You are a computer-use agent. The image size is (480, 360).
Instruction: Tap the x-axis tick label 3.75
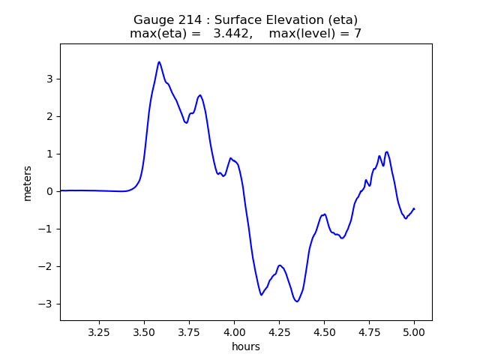click(x=189, y=331)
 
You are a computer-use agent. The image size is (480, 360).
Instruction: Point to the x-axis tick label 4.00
click(x=234, y=331)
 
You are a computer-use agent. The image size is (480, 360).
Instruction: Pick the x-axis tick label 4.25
click(x=279, y=331)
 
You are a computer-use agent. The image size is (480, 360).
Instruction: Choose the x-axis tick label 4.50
click(x=324, y=331)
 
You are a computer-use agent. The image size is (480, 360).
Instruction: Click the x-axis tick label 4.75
click(x=369, y=331)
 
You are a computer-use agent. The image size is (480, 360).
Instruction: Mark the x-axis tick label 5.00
click(x=414, y=331)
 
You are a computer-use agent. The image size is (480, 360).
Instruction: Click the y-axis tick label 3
click(x=51, y=79)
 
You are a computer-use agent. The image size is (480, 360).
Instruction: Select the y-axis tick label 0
click(x=51, y=191)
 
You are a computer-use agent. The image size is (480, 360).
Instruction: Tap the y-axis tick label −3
click(x=48, y=304)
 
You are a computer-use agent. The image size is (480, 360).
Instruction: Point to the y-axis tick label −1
click(x=48, y=229)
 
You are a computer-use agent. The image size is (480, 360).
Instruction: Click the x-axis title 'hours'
click(x=246, y=346)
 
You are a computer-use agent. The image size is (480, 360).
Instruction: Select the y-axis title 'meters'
click(x=28, y=182)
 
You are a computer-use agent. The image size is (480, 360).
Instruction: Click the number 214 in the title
click(x=187, y=19)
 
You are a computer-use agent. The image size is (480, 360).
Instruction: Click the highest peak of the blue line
click(x=159, y=62)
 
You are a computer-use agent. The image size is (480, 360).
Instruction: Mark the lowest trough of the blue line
click(x=297, y=301)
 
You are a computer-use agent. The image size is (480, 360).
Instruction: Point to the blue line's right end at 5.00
click(x=414, y=208)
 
